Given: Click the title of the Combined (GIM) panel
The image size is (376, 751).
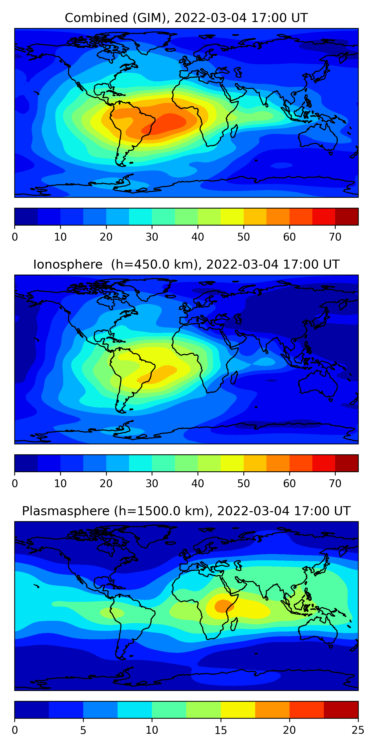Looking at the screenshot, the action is click(186, 18).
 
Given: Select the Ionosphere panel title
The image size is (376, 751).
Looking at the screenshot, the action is click(186, 264).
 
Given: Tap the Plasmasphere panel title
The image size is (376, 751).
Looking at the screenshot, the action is click(186, 511).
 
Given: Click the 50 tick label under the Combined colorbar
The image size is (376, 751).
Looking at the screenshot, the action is click(243, 237).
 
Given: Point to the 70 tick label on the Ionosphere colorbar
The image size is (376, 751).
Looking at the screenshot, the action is click(335, 484).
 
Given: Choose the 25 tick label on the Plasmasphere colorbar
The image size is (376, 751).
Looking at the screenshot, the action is click(358, 730).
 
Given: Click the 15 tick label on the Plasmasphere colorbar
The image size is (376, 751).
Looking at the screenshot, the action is click(221, 730).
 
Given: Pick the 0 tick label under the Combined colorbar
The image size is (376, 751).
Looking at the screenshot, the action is click(15, 237).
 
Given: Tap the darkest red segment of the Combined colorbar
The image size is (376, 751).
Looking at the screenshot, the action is click(346, 217).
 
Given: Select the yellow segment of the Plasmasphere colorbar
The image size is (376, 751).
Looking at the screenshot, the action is click(238, 710).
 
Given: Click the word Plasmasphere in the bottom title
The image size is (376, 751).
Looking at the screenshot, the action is click(66, 511).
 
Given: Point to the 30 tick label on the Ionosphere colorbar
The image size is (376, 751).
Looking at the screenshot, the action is click(152, 484).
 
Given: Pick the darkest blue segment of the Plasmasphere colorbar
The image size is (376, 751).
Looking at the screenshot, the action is click(32, 710).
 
